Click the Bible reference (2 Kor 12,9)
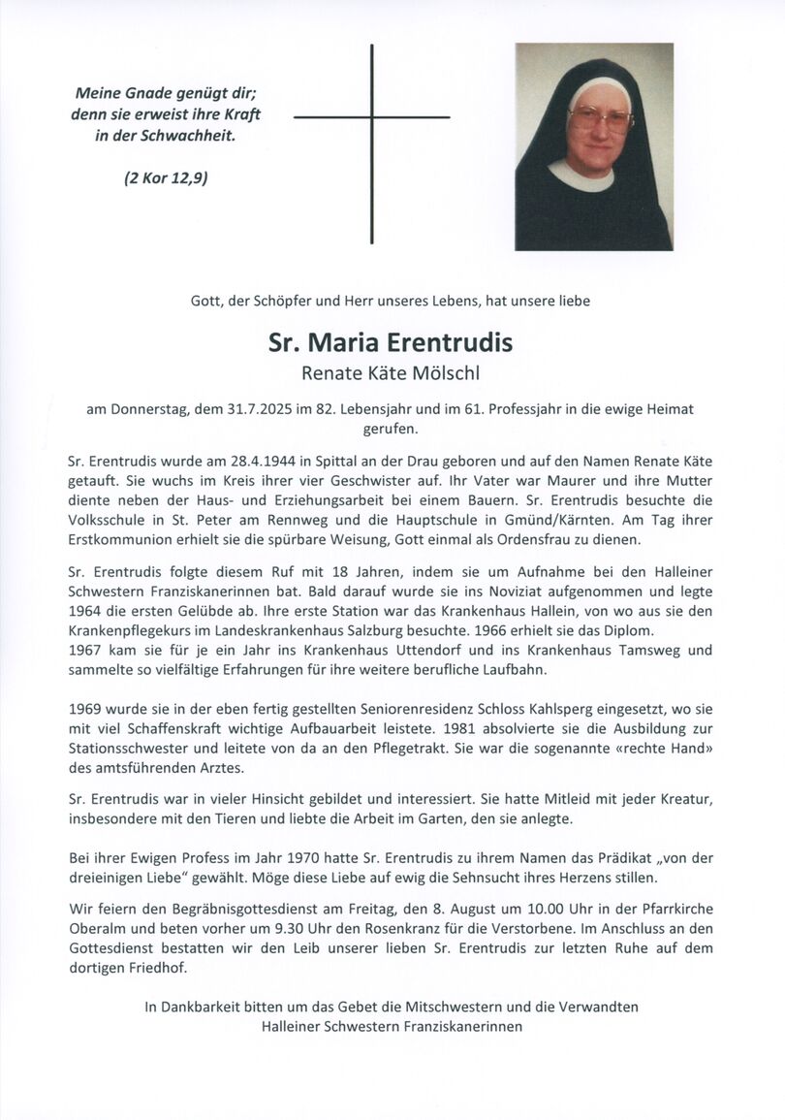166,177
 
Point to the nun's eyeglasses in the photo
600,119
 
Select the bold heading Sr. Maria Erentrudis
391,343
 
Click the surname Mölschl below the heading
447,372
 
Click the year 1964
87,611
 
